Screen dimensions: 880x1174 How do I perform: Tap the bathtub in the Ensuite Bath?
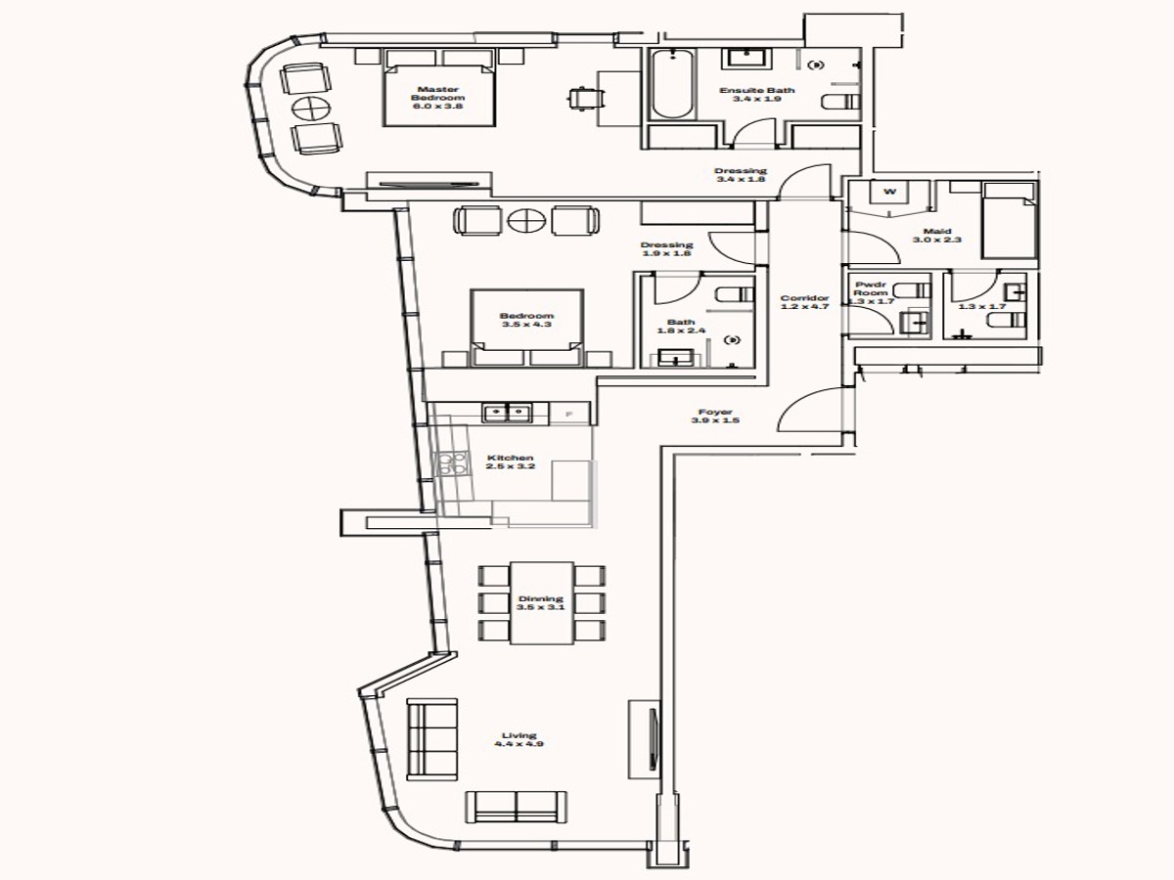click(x=672, y=84)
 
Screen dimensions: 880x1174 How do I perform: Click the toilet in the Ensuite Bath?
click(x=839, y=102)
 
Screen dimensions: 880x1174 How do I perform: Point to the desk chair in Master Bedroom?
click(x=586, y=98)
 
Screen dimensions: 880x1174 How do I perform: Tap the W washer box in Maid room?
click(x=889, y=191)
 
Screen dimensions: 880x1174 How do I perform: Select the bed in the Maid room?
click(x=1008, y=219)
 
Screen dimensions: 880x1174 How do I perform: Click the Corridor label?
click(x=804, y=303)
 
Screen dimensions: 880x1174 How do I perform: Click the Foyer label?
click(x=715, y=417)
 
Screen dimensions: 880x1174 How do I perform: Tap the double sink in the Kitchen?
click(x=508, y=413)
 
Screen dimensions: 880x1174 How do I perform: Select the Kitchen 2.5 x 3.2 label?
click(x=511, y=462)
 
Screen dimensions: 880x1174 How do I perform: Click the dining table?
click(x=541, y=602)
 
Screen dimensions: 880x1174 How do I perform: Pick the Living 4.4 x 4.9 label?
click(x=519, y=740)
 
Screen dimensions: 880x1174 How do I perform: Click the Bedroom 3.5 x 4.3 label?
click(x=526, y=320)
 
